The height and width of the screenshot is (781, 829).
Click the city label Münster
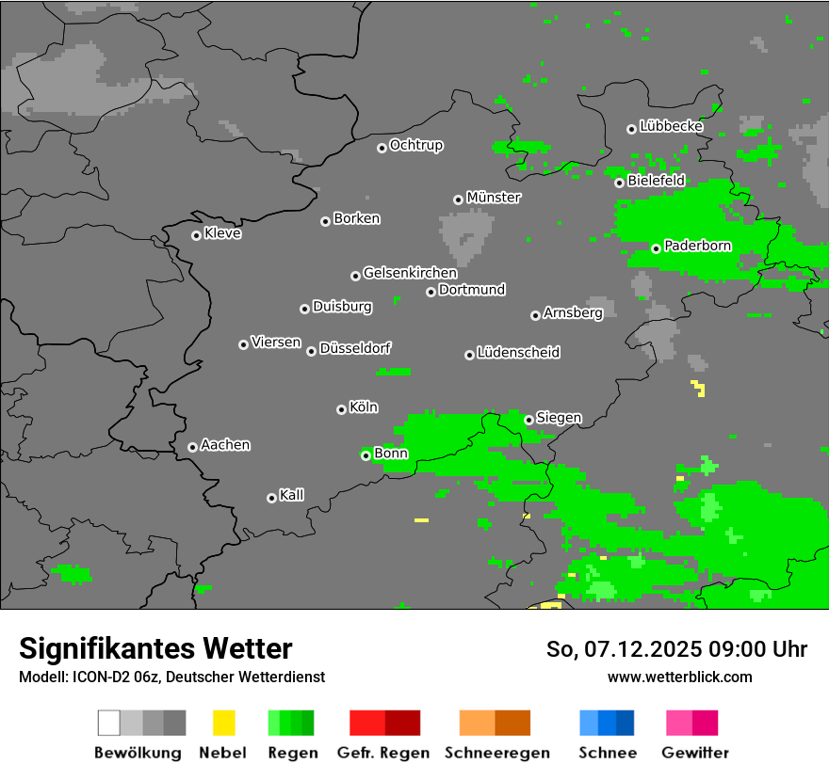click(x=494, y=198)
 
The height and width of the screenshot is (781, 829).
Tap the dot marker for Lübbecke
click(x=631, y=129)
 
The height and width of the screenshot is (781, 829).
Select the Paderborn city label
click(x=698, y=246)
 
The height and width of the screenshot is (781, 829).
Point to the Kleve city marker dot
click(x=196, y=235)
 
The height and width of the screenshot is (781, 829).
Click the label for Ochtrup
click(x=416, y=145)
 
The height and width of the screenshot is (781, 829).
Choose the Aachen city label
click(x=225, y=444)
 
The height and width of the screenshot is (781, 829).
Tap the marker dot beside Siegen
click(x=528, y=420)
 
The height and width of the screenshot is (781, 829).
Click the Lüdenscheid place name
click(x=518, y=352)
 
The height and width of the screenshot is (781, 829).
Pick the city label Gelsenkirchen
click(x=410, y=273)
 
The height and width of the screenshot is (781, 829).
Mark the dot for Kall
click(x=271, y=498)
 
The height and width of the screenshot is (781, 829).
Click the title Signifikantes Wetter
click(x=155, y=648)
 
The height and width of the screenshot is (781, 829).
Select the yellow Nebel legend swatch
click(x=223, y=723)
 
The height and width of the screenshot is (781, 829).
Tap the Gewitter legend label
click(x=695, y=753)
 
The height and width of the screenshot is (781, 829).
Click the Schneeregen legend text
click(x=496, y=753)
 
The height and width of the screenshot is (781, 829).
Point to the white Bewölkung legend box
click(x=108, y=723)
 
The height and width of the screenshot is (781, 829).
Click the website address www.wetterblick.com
click(x=679, y=677)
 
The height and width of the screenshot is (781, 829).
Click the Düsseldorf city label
click(x=355, y=348)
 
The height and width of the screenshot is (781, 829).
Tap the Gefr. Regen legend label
click(x=383, y=753)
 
